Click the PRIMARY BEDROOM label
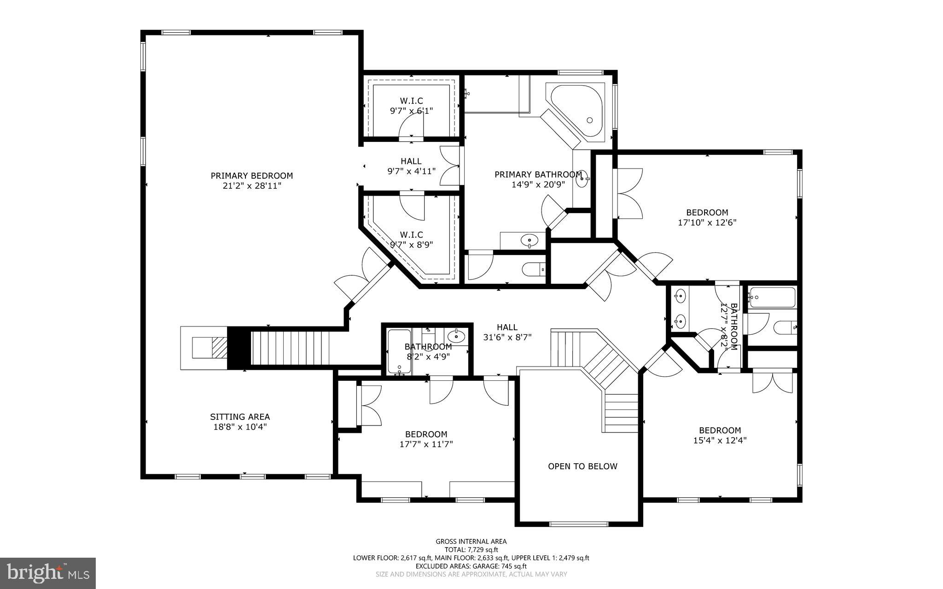click(251, 176)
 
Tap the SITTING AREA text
click(239, 417)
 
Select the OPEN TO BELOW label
click(582, 467)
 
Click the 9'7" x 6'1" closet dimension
click(411, 111)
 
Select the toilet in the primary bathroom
click(534, 269)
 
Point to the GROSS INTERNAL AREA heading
click(471, 542)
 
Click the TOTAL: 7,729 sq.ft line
click(471, 550)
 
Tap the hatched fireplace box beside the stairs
click(219, 348)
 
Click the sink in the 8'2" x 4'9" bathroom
click(456, 336)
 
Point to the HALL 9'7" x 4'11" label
click(411, 166)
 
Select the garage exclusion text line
click(471, 566)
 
